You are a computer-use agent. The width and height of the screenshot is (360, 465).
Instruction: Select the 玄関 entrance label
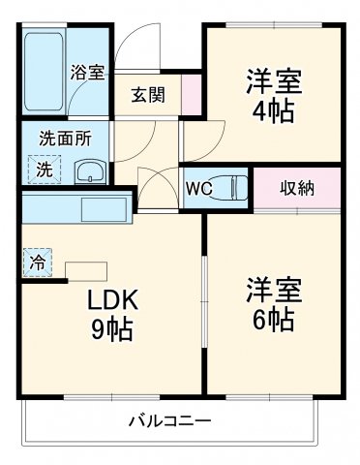coord(149,94)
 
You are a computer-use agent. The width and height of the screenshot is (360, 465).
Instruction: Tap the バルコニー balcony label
coord(170,421)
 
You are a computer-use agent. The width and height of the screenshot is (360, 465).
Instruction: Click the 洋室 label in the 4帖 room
coord(275,79)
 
